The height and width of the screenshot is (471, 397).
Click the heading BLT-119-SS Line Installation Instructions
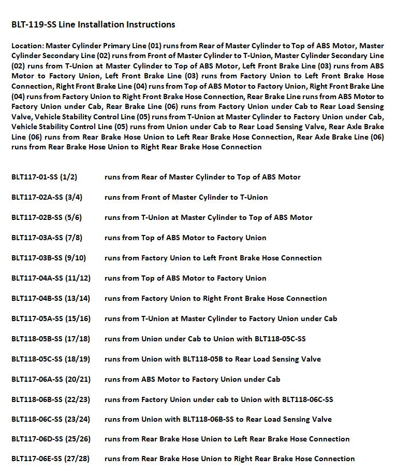tap(93, 24)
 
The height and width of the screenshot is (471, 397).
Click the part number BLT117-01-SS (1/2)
tap(44, 177)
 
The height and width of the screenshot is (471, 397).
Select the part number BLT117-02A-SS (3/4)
tap(47, 197)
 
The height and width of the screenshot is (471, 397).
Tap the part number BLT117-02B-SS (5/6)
tap(47, 217)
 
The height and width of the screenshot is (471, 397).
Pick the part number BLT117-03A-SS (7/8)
tap(47, 238)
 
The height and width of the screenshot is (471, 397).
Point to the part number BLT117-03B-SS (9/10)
tap(49, 258)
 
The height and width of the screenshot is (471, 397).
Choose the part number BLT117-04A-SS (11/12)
tap(51, 278)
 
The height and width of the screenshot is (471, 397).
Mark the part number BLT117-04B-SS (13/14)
tap(51, 298)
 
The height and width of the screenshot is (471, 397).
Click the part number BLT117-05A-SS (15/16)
tap(51, 318)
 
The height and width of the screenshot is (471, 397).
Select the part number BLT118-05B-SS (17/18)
tap(51, 339)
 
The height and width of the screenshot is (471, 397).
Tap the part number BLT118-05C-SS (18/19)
tap(51, 359)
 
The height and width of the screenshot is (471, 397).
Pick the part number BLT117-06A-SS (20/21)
tap(51, 379)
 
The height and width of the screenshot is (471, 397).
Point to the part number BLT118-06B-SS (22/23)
tap(51, 399)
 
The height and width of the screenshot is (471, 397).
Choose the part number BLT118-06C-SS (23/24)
tap(51, 419)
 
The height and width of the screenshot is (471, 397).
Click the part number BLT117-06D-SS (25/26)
tap(51, 439)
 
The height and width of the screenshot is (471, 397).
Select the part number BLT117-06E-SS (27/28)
tap(51, 459)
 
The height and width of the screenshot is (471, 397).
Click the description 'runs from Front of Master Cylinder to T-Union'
tap(186, 197)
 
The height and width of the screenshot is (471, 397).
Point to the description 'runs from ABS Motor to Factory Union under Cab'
tap(192, 379)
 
